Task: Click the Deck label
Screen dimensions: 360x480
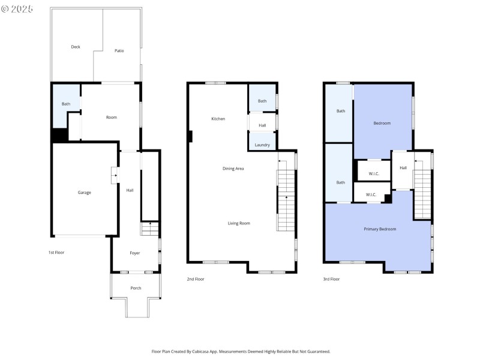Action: [76, 47]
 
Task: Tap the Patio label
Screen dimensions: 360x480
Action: [119, 51]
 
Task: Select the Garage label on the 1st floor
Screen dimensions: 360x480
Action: [84, 193]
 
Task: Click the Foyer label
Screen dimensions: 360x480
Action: [135, 253]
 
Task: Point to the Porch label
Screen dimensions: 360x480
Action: [136, 288]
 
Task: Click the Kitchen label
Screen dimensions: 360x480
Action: [218, 119]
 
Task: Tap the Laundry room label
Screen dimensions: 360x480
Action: [262, 145]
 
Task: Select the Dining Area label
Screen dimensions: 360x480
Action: [233, 169]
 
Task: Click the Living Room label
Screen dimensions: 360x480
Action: [239, 223]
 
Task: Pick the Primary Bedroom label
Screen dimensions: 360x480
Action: [380, 229]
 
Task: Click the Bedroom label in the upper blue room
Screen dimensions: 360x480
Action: [382, 123]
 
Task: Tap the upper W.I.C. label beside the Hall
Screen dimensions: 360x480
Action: [374, 174]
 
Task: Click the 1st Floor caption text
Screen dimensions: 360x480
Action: [56, 253]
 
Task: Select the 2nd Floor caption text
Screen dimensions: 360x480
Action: [196, 279]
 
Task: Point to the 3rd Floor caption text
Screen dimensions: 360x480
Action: [331, 279]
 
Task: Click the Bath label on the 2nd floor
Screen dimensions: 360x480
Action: [262, 101]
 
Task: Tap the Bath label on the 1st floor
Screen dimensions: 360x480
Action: [66, 104]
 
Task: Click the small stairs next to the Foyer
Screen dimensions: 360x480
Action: [150, 229]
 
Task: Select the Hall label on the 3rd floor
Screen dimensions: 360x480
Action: [403, 168]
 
